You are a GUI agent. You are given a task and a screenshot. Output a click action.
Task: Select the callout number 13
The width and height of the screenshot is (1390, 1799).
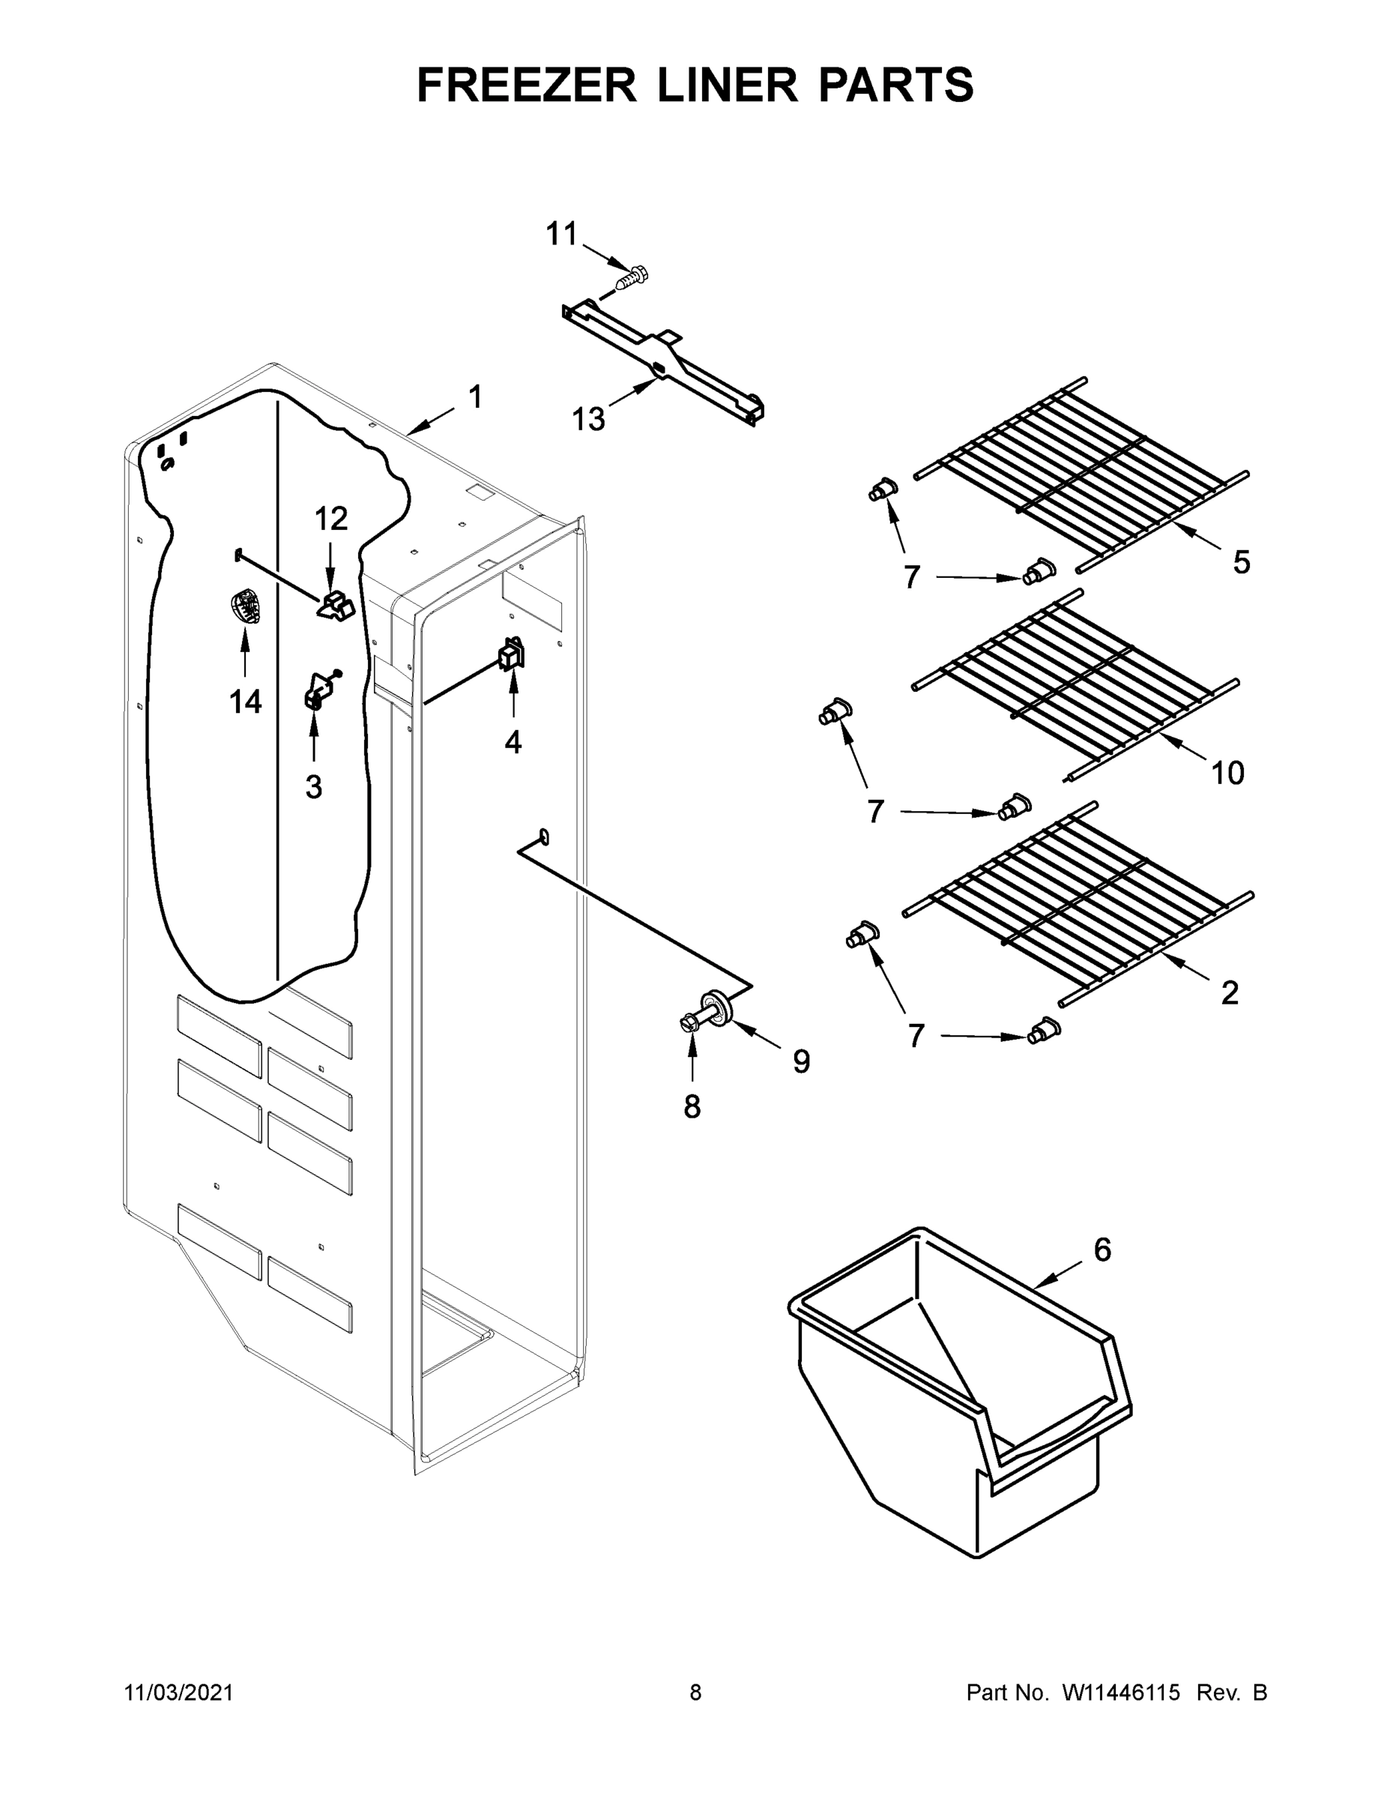(x=588, y=419)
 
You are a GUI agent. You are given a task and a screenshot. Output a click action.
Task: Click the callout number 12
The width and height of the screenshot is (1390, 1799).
(x=331, y=519)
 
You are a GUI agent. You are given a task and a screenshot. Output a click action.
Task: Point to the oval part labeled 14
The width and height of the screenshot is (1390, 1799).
(x=245, y=608)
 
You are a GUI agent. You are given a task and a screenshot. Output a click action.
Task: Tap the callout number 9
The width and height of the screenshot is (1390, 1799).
(x=800, y=1061)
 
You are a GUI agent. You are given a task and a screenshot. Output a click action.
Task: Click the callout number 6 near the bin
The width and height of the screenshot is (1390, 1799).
(x=1102, y=1250)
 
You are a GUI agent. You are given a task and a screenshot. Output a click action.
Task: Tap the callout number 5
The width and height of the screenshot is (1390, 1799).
(x=1241, y=563)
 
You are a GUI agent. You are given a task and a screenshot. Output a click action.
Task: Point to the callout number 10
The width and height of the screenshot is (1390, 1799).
(x=1227, y=773)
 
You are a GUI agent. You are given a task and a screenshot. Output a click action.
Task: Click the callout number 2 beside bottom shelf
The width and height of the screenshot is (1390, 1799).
(x=1229, y=993)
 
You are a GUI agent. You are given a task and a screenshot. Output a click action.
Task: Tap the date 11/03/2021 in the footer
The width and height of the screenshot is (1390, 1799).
(x=178, y=1693)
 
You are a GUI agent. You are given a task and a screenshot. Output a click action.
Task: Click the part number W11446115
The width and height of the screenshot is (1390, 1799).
(x=1121, y=1693)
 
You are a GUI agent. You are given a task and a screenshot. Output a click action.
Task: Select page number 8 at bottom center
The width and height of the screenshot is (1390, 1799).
(x=695, y=1693)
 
